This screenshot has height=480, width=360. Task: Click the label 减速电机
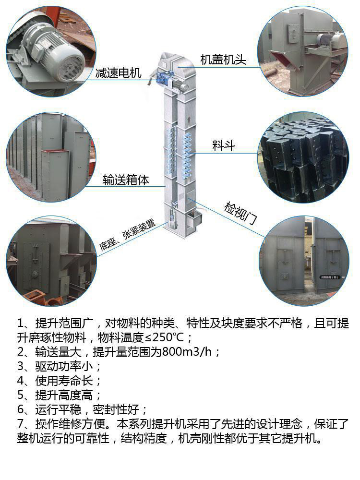(118, 73)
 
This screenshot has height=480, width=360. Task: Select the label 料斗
(224, 145)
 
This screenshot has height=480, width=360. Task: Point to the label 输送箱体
(126, 180)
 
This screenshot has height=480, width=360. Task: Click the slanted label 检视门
(240, 214)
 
